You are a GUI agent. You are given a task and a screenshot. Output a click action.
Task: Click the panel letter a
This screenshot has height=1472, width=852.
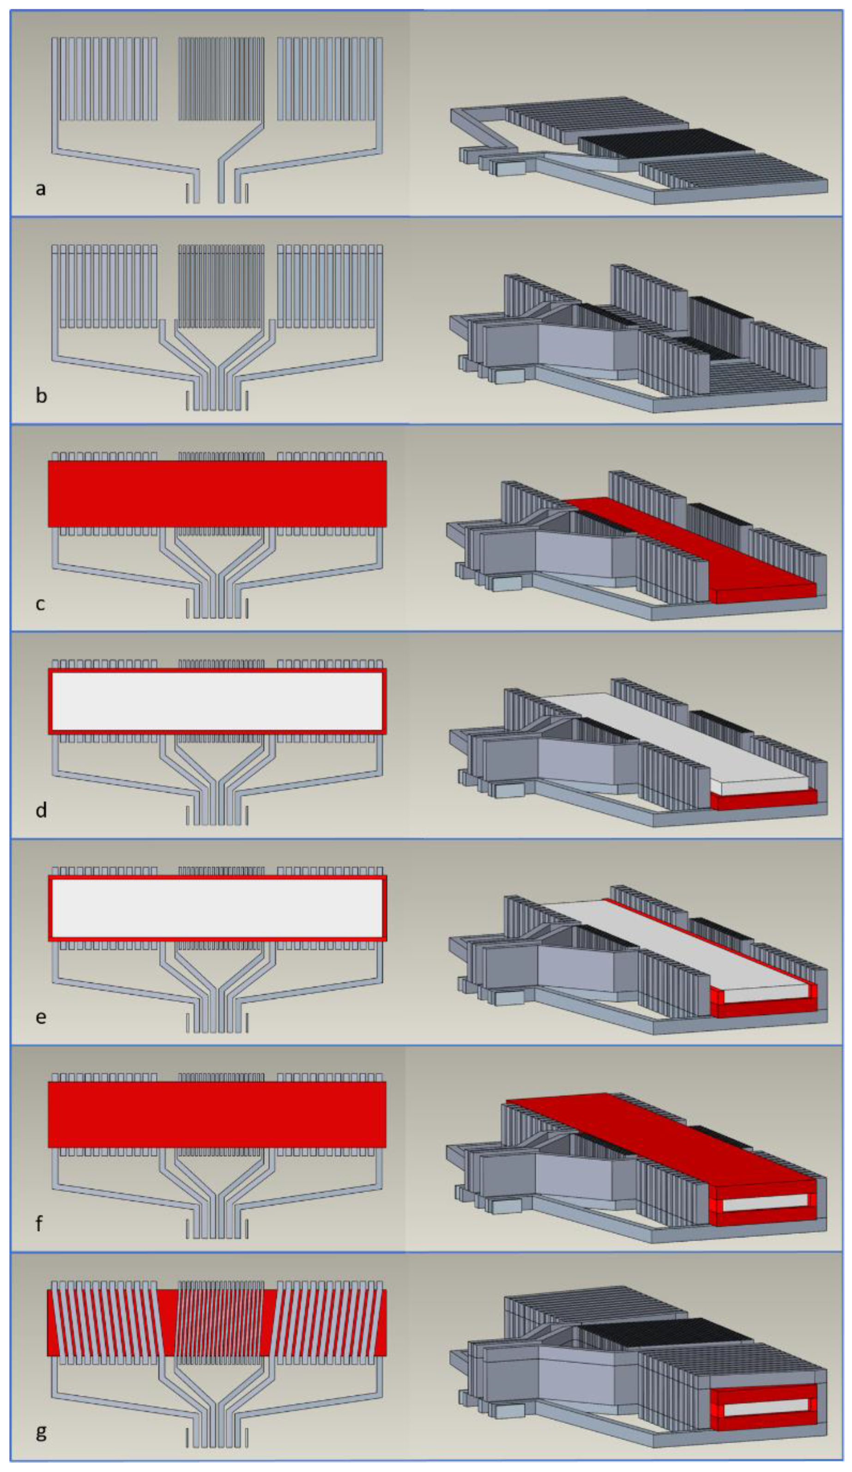[40, 189]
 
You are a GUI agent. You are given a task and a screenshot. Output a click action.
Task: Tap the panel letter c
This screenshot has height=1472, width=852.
[40, 604]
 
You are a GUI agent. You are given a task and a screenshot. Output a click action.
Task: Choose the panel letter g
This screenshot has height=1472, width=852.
[41, 1432]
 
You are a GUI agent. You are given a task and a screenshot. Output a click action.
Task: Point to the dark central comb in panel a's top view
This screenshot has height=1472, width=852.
[221, 79]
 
